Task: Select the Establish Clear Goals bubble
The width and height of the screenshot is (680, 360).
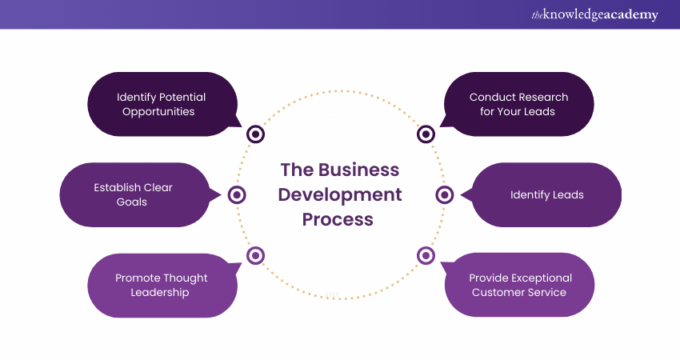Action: coord(133,194)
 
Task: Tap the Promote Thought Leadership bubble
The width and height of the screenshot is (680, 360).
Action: coord(162,285)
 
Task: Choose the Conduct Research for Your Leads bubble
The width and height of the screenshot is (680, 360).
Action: coord(518,104)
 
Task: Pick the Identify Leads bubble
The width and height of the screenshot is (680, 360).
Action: coord(547,194)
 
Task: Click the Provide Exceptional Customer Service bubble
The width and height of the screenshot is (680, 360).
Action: coord(521,285)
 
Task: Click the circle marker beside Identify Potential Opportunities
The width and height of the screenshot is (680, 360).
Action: coord(255,134)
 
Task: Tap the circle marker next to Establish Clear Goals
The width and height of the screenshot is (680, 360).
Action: coord(237,194)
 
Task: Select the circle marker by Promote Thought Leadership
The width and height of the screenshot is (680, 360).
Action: coord(255,255)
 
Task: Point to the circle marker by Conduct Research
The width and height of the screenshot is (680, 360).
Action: coord(426,134)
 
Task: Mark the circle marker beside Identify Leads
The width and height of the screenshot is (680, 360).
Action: coord(445,194)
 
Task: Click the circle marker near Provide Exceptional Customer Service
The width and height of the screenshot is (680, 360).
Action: coord(426,255)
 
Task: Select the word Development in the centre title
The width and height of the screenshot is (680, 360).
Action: coord(340,194)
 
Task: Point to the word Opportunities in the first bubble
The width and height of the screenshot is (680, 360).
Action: coord(158,111)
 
